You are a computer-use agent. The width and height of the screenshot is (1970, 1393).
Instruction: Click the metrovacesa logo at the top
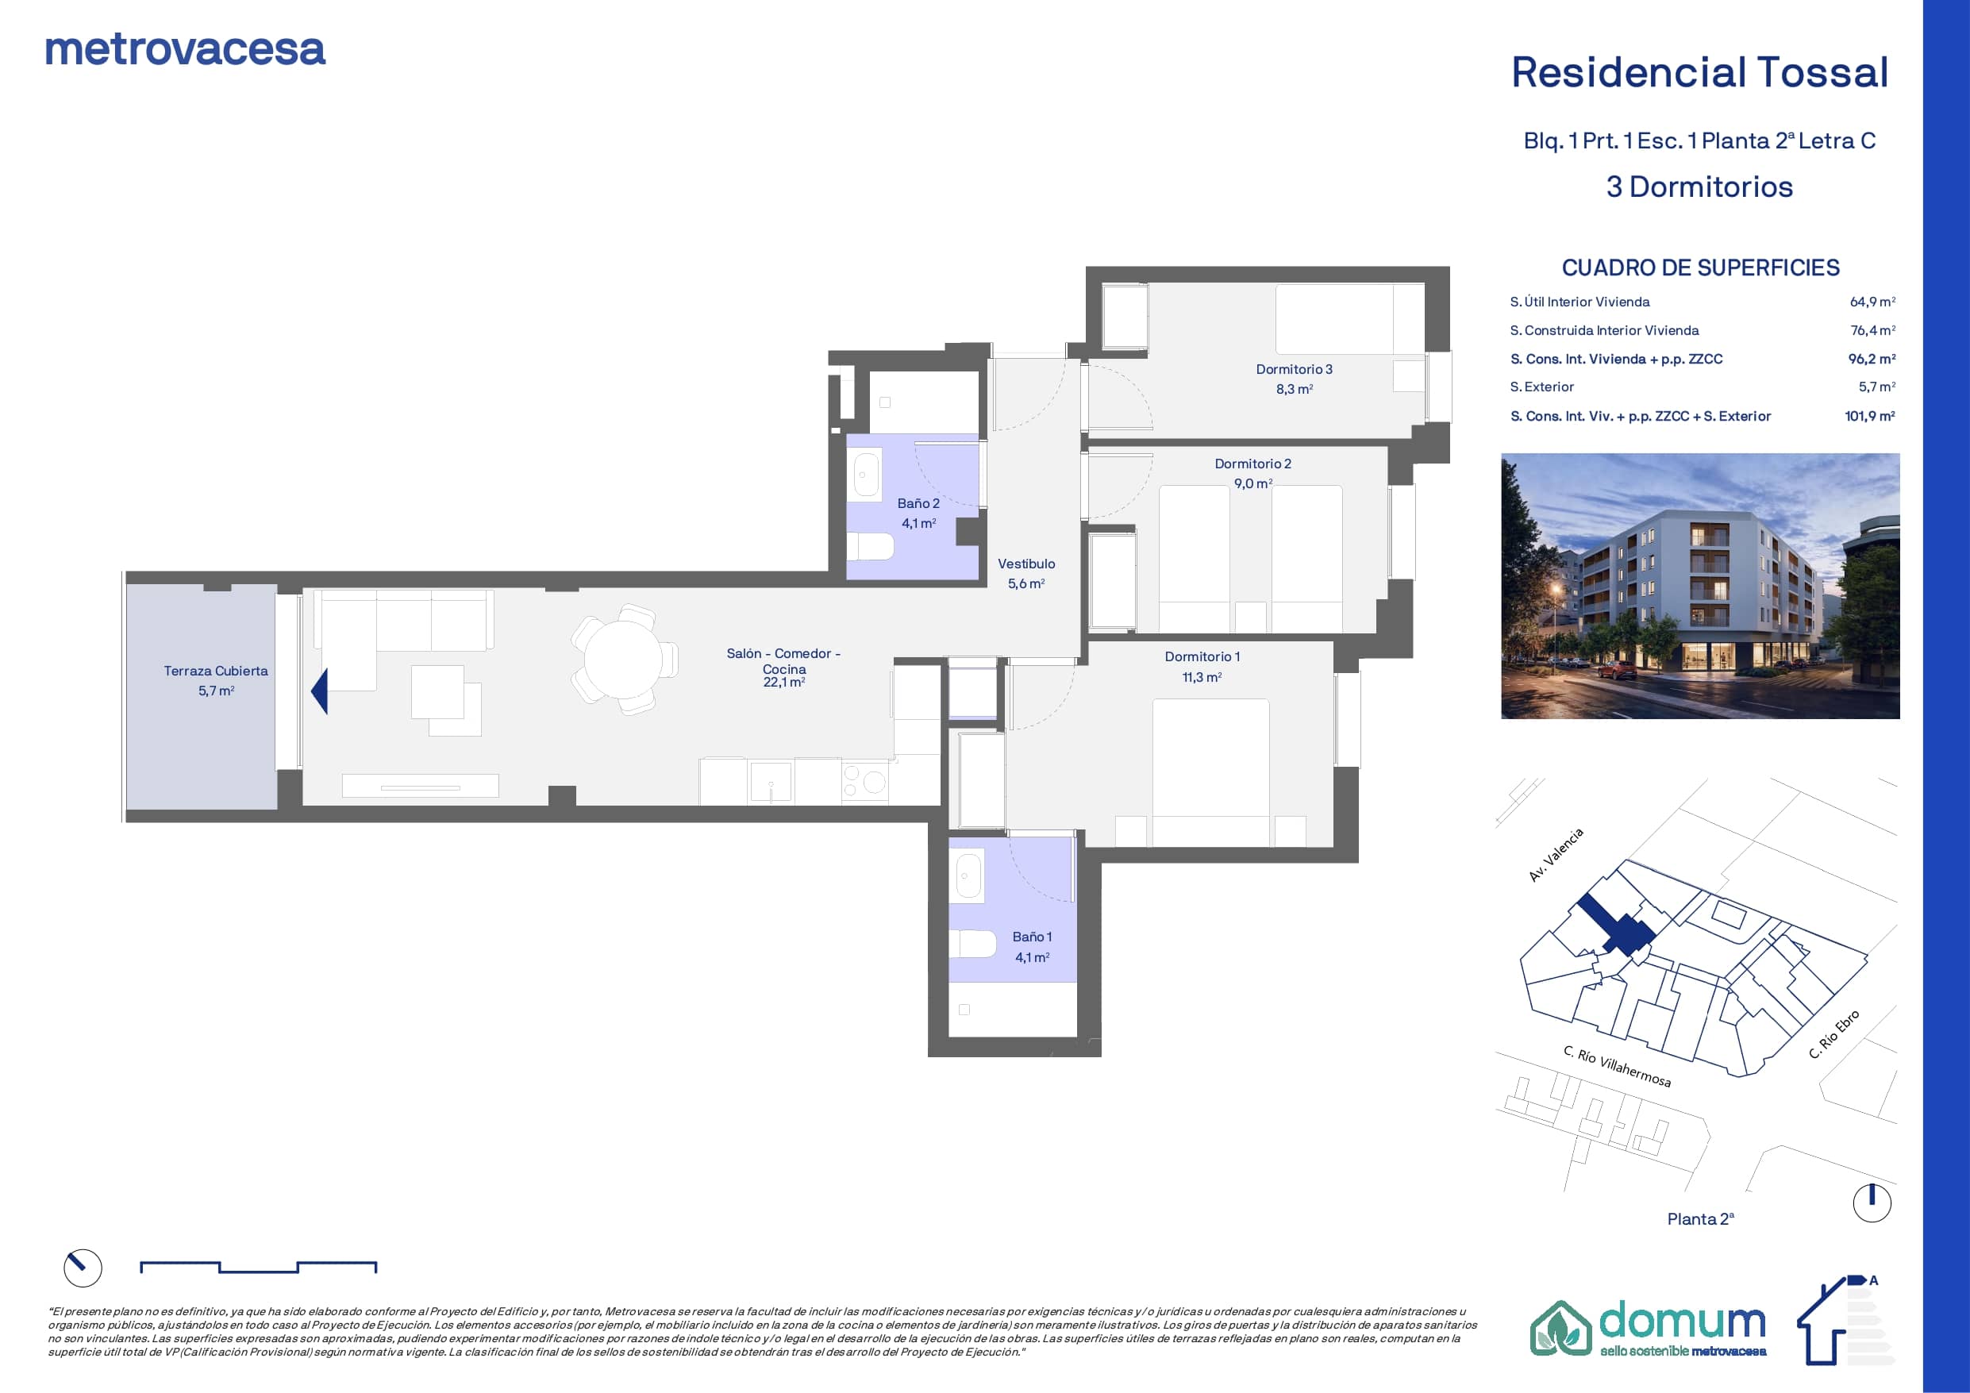click(x=185, y=50)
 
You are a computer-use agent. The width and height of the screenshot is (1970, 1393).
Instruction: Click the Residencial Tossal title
click(x=1699, y=72)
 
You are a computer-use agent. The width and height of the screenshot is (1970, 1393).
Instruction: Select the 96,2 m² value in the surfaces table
click(x=1872, y=359)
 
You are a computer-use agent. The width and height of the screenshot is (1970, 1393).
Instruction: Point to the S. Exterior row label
click(x=1542, y=387)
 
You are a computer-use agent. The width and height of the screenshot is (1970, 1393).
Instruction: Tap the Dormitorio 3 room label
click(x=1294, y=369)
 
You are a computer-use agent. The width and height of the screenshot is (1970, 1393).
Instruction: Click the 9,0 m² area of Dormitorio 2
click(x=1252, y=483)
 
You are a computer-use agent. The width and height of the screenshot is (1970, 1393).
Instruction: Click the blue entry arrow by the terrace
click(x=319, y=692)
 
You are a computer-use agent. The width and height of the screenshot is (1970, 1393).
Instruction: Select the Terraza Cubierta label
click(x=216, y=671)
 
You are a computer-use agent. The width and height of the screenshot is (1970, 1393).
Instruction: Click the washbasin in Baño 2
click(x=867, y=476)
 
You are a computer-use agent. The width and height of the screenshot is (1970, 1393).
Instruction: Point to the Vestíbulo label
click(x=1026, y=564)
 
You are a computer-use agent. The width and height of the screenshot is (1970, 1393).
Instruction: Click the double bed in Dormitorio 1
click(x=1210, y=772)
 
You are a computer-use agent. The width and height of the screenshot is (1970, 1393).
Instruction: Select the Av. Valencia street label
click(x=1556, y=855)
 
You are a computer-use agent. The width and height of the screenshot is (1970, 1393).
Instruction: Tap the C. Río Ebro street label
click(x=1833, y=1034)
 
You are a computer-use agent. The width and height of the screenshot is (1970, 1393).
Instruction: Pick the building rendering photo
click(x=1699, y=587)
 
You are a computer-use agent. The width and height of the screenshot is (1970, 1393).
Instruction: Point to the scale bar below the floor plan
click(x=258, y=1267)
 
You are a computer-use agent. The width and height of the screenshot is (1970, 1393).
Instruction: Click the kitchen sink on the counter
click(x=771, y=782)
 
